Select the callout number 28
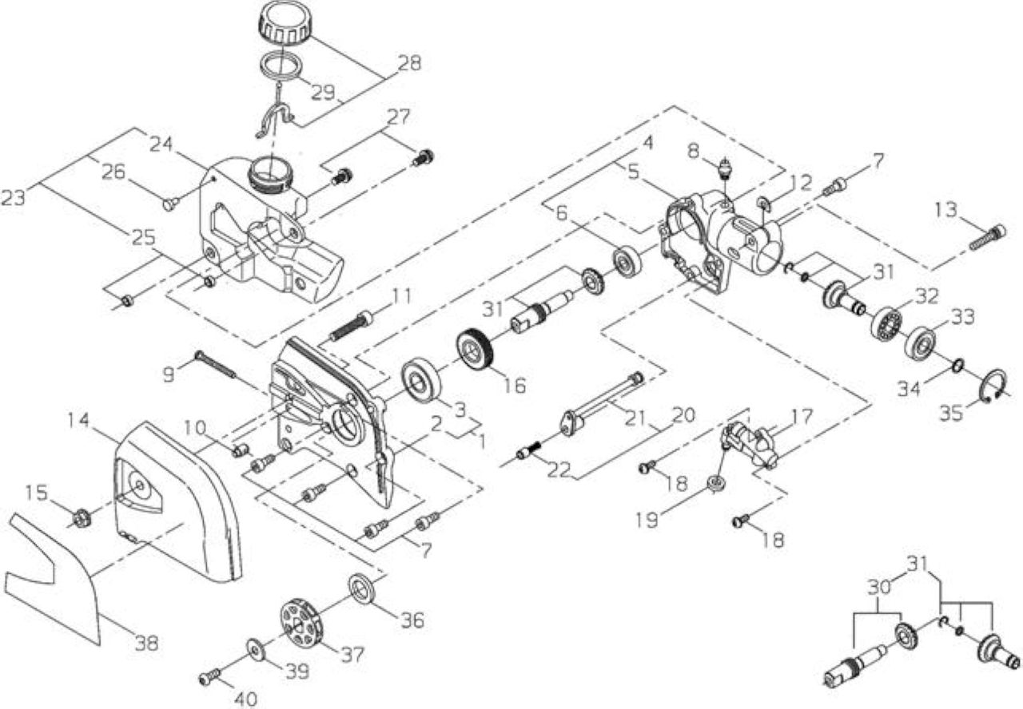pyautogui.click(x=409, y=63)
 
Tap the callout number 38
pyautogui.click(x=146, y=644)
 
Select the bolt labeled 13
pyautogui.click(x=987, y=238)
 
